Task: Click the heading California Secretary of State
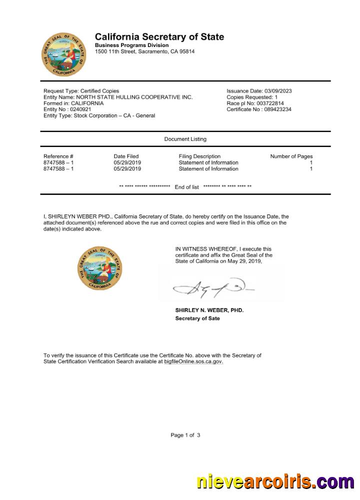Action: (159, 37)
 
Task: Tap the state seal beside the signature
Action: (100, 268)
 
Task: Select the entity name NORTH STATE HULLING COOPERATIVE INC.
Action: (134, 97)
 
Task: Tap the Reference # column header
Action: (58, 156)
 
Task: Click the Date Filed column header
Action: (126, 156)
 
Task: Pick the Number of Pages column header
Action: (291, 156)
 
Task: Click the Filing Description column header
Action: (199, 156)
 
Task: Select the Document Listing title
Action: (185, 139)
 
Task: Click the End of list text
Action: (186, 187)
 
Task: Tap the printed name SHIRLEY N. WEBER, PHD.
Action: (209, 310)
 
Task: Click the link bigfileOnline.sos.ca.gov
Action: (193, 361)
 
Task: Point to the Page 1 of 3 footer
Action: (185, 435)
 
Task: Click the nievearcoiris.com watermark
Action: (274, 481)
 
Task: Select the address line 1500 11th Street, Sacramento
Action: (145, 51)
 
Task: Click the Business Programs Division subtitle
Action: (132, 45)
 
